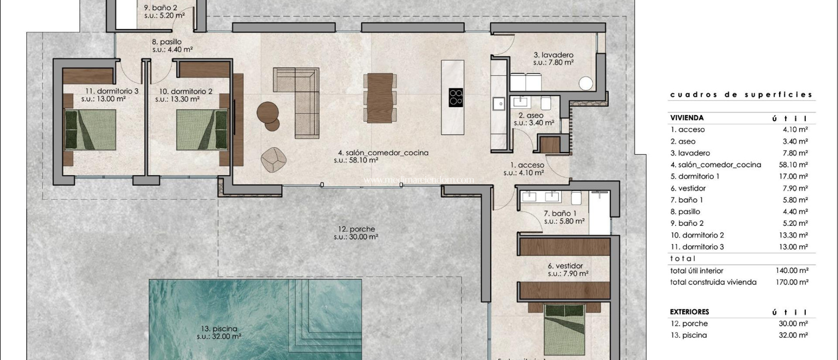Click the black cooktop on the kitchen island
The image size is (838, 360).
(x=456, y=97)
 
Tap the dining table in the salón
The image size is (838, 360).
(x=380, y=98)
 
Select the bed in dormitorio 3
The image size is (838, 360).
(x=90, y=130)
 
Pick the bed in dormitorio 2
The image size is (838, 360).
(x=202, y=130)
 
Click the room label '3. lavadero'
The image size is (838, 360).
(x=553, y=55)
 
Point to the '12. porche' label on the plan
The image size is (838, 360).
(x=356, y=229)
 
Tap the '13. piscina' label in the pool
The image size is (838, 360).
(x=219, y=328)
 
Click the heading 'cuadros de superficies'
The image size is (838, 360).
(x=741, y=94)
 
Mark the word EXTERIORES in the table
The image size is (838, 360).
(x=689, y=312)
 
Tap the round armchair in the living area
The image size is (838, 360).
(x=274, y=159)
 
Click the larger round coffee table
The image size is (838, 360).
(x=268, y=111)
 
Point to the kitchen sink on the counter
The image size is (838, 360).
(x=499, y=104)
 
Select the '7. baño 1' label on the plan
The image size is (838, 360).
(x=560, y=213)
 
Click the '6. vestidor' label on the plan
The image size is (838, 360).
(x=565, y=266)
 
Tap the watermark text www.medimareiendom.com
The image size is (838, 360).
(x=419, y=180)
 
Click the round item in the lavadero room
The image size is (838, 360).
(x=586, y=83)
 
